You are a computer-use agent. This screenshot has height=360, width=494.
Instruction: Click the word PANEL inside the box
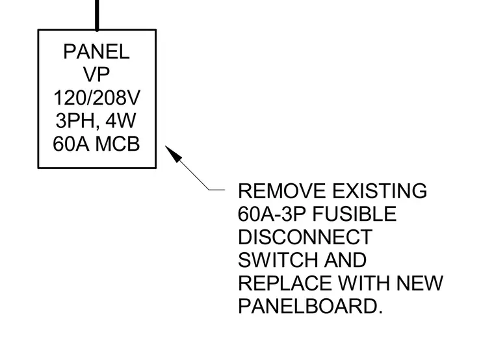coord(96,51)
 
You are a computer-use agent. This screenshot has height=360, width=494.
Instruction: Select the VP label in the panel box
coord(96,75)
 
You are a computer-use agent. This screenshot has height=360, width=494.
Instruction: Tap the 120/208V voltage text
coord(96,97)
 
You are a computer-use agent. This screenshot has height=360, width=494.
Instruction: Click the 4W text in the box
coord(121,121)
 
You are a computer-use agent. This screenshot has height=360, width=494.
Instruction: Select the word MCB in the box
coord(118,144)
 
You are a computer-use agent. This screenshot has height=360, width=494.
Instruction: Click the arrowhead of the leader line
coord(174,154)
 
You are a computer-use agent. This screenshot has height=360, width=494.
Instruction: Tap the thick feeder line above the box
coord(97,15)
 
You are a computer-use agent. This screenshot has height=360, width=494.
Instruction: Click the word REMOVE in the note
coord(282,191)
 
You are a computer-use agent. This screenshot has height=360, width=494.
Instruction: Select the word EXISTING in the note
coord(380,191)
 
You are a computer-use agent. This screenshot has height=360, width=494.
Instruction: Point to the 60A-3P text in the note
coord(272,214)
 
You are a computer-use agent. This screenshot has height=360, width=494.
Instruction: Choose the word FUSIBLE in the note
coord(354,214)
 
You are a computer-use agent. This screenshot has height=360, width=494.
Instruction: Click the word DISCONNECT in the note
coord(305,237)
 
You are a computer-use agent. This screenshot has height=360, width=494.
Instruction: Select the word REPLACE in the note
coord(285,283)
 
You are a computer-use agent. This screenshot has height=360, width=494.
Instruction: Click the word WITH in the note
coord(364,283)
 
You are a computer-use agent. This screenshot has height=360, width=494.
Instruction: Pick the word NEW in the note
coord(420,283)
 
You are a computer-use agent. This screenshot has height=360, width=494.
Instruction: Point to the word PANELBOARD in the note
coord(310,306)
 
